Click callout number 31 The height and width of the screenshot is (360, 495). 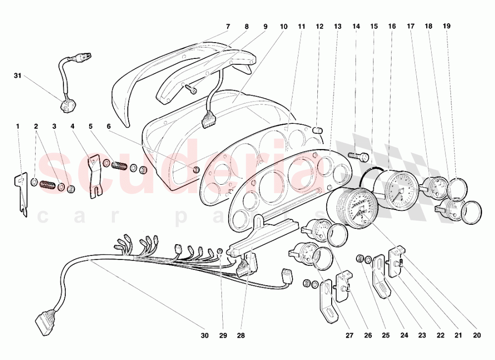(17, 75)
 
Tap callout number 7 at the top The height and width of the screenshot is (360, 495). (228, 27)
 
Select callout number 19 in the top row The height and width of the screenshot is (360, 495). (446, 26)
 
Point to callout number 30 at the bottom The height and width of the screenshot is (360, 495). (204, 335)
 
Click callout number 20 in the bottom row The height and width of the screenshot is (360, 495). (477, 335)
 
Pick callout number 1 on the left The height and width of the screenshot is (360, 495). (18, 126)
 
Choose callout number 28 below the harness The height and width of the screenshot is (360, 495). (241, 335)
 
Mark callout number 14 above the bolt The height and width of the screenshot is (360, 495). (356, 26)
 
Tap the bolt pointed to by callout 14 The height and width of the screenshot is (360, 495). (358, 156)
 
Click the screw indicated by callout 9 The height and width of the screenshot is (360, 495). (191, 89)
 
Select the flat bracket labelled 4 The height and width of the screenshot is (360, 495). (94, 176)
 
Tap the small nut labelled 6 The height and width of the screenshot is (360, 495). (196, 169)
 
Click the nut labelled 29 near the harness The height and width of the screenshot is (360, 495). (220, 252)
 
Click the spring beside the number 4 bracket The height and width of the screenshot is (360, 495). (119, 165)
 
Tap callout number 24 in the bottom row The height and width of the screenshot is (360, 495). (404, 335)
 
